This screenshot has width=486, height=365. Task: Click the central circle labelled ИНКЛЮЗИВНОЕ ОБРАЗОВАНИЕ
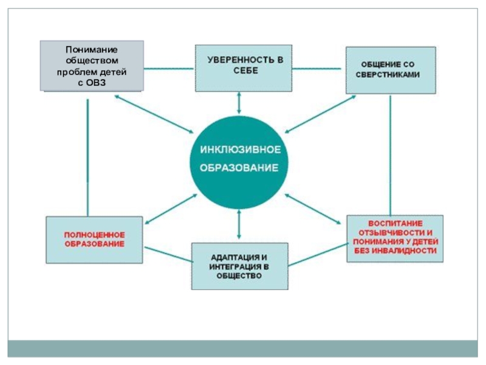tap(239, 159)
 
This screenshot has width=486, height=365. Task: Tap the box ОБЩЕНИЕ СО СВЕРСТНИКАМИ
tap(391, 69)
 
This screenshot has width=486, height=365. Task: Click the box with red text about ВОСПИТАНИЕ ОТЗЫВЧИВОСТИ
tap(392, 238)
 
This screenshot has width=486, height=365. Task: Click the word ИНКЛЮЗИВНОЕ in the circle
tap(239, 149)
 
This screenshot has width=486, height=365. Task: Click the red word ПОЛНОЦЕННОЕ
tap(95, 234)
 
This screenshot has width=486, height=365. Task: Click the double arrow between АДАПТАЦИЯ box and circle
tap(239, 224)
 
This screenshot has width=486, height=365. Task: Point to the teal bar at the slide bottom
tap(243, 349)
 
